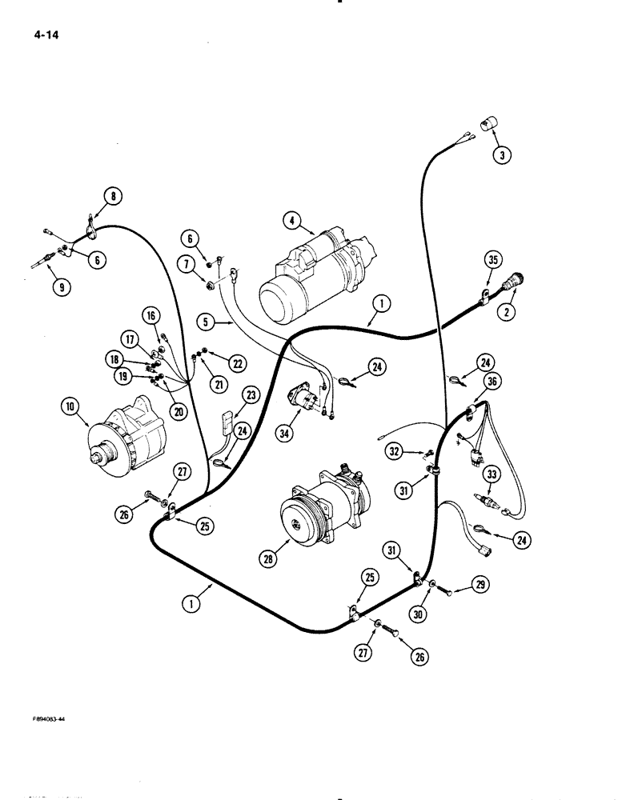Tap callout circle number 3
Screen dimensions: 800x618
click(x=501, y=155)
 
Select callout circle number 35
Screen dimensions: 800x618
click(x=493, y=259)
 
